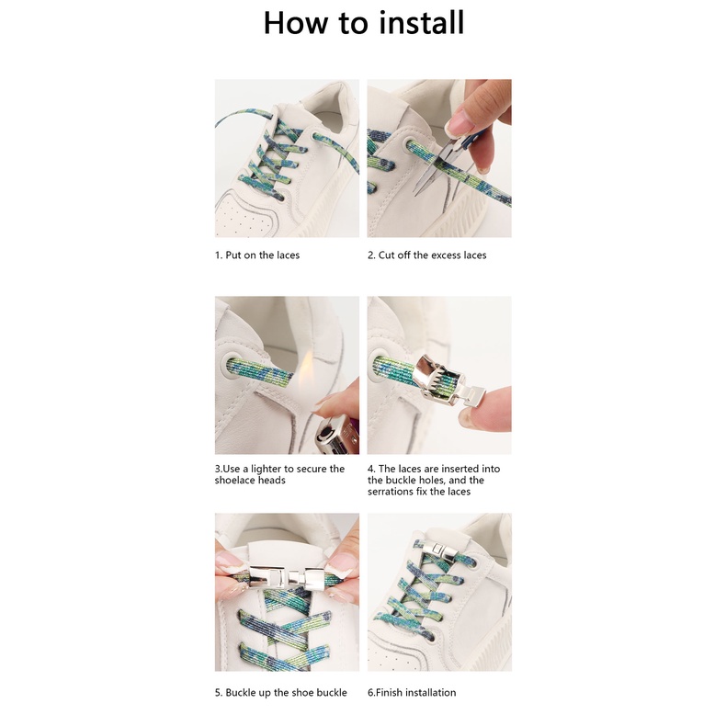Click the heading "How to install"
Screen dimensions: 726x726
point(364,22)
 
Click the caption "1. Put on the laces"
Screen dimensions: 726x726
point(257,255)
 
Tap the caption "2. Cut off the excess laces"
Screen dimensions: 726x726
point(427,255)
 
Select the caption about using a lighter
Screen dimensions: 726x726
point(279,474)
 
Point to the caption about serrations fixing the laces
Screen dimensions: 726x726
point(434,480)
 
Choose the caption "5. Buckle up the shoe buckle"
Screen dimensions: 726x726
point(280,693)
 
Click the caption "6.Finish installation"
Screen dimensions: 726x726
point(412,693)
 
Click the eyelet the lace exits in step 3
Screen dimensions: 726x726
point(228,365)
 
